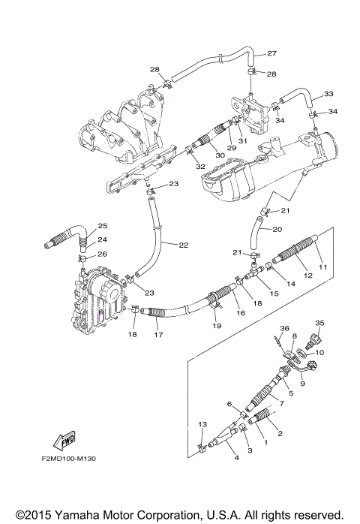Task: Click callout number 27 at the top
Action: [x=271, y=53]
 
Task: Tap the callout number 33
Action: [x=328, y=94]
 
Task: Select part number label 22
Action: [x=184, y=244]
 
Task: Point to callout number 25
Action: [x=103, y=226]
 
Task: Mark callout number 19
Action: [x=216, y=327]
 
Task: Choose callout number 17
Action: [x=158, y=335]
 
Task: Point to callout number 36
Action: [x=284, y=327]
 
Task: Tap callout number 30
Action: [x=220, y=155]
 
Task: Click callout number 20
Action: [x=277, y=230]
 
